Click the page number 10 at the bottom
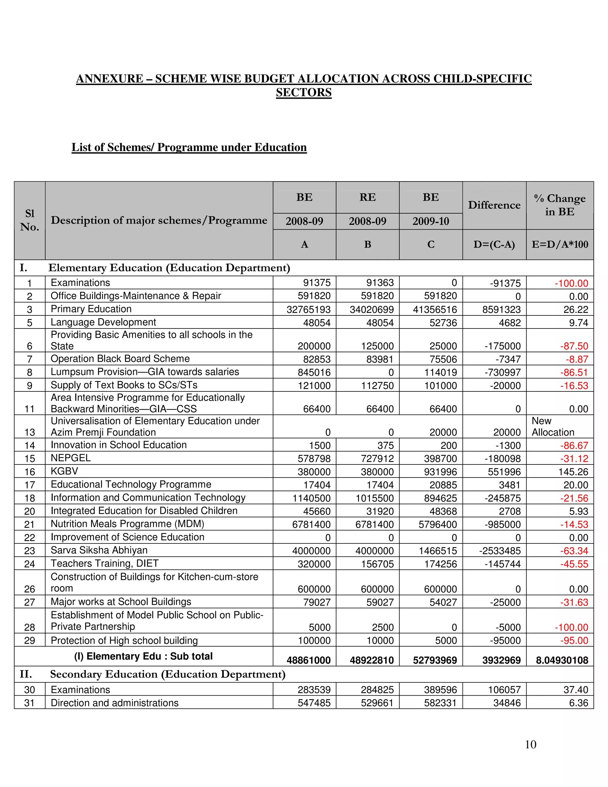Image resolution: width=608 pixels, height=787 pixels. [x=530, y=745]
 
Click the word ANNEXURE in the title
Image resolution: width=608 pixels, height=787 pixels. [x=110, y=79]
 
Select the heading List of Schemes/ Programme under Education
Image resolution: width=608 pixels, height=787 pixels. [x=189, y=147]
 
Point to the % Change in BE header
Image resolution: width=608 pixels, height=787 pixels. [x=559, y=205]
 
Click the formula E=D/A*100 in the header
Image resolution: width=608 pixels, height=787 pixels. [x=559, y=245]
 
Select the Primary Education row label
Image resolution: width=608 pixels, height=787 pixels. [x=91, y=309]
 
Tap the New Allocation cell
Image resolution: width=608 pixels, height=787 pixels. [x=552, y=427]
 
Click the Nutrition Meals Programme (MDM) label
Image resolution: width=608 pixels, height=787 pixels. [x=127, y=524]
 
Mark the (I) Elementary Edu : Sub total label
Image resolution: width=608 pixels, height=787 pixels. [x=143, y=656]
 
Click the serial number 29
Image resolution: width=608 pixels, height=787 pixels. [x=29, y=641]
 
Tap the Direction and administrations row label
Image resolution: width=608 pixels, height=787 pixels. [x=115, y=703]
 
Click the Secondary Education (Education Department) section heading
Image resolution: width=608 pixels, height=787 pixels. [x=167, y=674]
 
